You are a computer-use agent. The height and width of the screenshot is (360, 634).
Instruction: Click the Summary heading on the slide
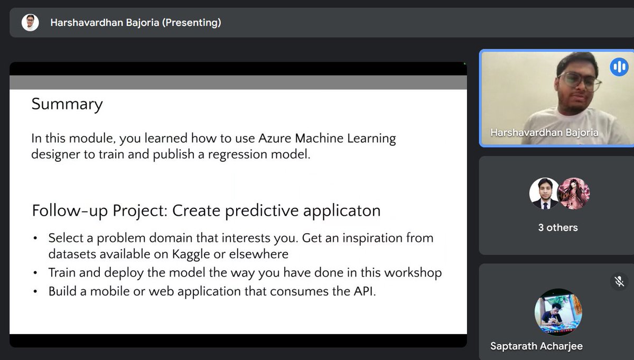point(67,104)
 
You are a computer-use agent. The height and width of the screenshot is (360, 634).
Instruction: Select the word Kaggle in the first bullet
point(191,254)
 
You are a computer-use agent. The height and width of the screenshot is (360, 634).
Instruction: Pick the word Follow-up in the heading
point(70,210)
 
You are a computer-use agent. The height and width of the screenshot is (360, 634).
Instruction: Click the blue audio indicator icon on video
point(619,67)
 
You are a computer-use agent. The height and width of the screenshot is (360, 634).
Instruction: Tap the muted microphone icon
point(619,281)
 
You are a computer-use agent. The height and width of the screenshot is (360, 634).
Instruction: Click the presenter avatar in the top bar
point(30,22)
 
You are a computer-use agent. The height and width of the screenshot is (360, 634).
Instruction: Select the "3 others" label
point(558,228)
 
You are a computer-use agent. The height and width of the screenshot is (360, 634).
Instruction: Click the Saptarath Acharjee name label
point(536,347)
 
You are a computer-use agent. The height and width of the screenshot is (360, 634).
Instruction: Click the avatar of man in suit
point(544,193)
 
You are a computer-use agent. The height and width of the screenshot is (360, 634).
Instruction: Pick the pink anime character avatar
point(573,193)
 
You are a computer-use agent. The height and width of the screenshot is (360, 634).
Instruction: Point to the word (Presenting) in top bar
point(192,22)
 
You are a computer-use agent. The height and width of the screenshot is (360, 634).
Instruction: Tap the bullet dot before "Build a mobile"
point(35,292)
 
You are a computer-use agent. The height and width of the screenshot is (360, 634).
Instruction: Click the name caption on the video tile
point(544,132)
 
